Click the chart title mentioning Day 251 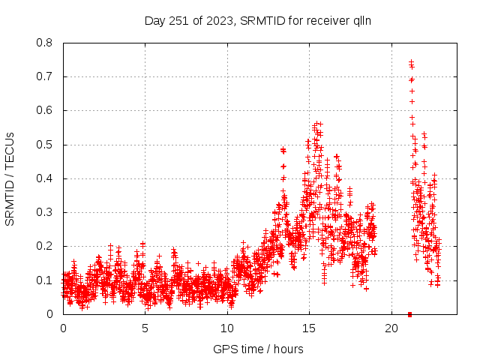[258, 20]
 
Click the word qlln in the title [361, 20]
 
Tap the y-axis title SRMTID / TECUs [10, 179]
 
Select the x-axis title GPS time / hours [258, 349]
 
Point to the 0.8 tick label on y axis [46, 43]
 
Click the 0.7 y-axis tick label [46, 76]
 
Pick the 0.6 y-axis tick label [46, 110]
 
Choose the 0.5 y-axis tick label [46, 144]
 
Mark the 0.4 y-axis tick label [46, 178]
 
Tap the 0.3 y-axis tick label [46, 212]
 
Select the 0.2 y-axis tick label [46, 246]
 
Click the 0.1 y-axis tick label [46, 280]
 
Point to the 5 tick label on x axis [145, 328]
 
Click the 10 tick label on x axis [226, 328]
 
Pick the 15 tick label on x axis [309, 328]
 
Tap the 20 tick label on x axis [391, 328]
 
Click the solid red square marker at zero [409, 313]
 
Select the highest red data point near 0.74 [411, 62]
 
